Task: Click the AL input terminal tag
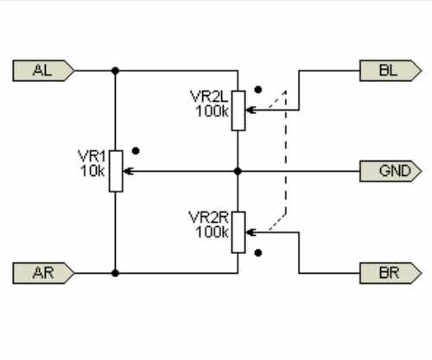click(x=43, y=71)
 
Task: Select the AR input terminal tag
click(x=43, y=273)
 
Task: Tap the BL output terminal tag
click(x=391, y=71)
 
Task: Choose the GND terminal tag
click(x=391, y=171)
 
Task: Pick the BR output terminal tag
click(x=391, y=273)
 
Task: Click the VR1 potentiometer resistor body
click(x=116, y=171)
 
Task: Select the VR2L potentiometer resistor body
click(x=238, y=111)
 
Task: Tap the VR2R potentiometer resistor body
click(x=238, y=232)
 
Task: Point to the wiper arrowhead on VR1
click(x=128, y=171)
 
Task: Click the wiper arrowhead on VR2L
click(x=251, y=110)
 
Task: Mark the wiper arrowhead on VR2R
click(x=251, y=232)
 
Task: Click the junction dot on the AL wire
click(x=115, y=71)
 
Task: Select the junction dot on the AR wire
click(x=115, y=273)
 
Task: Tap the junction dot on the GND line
click(x=238, y=171)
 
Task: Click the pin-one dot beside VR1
click(x=136, y=151)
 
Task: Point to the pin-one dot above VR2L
click(x=258, y=90)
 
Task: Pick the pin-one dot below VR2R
click(x=258, y=253)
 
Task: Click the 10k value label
click(x=92, y=171)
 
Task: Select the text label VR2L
click(x=209, y=97)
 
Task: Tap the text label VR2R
click(x=209, y=218)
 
